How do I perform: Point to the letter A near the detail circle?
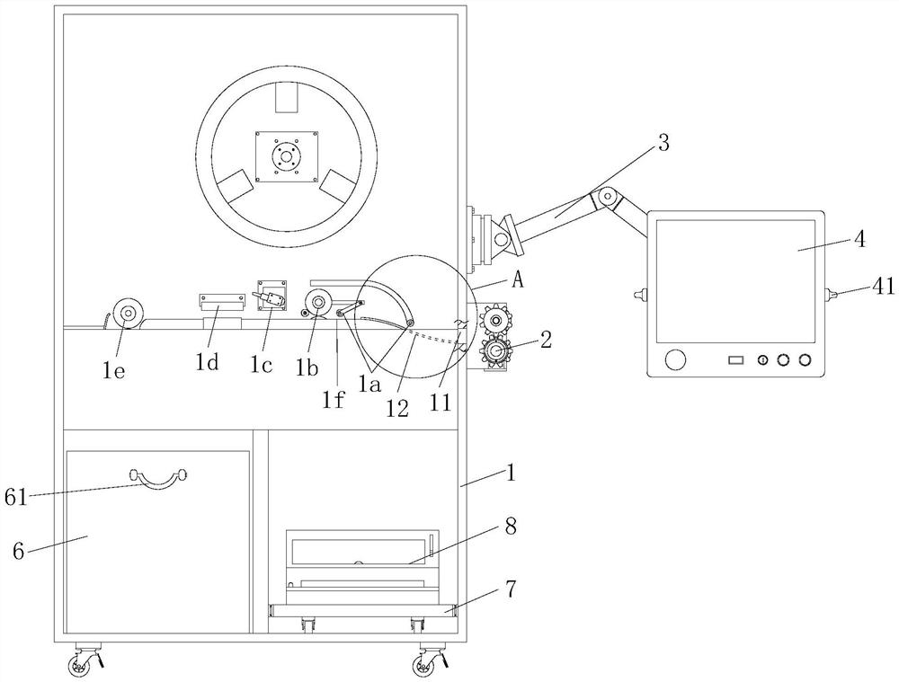(518, 279)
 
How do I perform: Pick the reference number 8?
(510, 527)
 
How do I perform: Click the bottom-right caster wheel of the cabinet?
(423, 665)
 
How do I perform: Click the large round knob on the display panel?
(674, 360)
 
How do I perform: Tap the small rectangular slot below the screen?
(735, 360)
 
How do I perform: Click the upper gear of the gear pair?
(495, 320)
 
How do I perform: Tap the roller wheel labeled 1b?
(317, 301)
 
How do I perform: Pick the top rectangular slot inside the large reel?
(287, 97)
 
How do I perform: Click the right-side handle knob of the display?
(830, 293)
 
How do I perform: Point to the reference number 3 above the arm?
(663, 143)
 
